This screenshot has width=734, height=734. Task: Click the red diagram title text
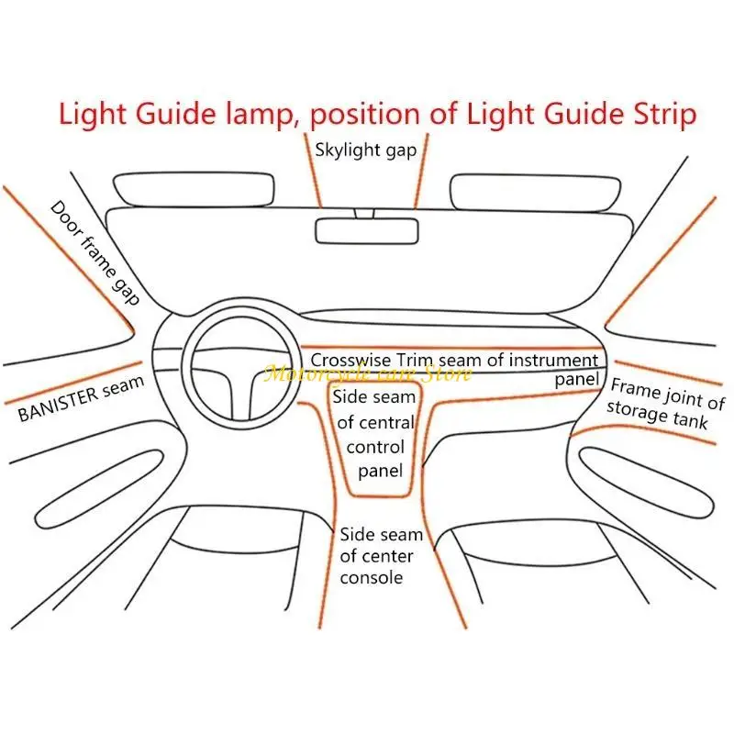coord(377,115)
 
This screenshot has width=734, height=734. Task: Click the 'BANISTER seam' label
coord(81,398)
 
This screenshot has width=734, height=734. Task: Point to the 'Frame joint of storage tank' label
coord(666,403)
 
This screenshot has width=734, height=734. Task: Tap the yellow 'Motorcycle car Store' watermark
coord(367,373)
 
